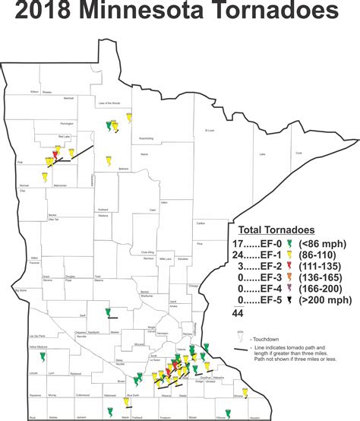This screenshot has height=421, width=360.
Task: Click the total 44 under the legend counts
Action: coord(238,312)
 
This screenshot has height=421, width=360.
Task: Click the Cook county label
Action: coord(298,153)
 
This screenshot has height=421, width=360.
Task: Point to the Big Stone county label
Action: coord(21,290)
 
